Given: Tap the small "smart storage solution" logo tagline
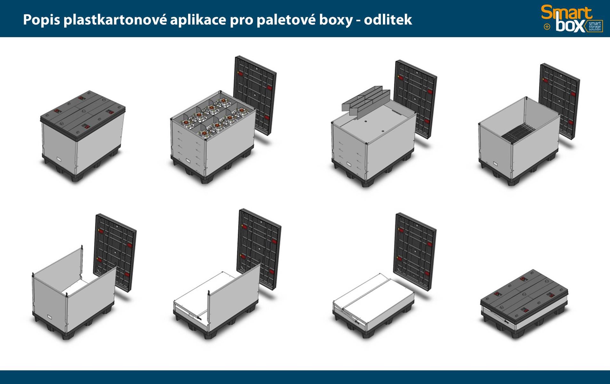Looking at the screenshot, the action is (x=595, y=26).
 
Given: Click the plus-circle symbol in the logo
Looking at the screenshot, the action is (x=547, y=27).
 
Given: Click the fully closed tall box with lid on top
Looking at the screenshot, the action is (x=83, y=136).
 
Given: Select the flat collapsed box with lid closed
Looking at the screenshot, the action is (x=524, y=304).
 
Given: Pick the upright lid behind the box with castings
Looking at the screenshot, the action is (x=255, y=95).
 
